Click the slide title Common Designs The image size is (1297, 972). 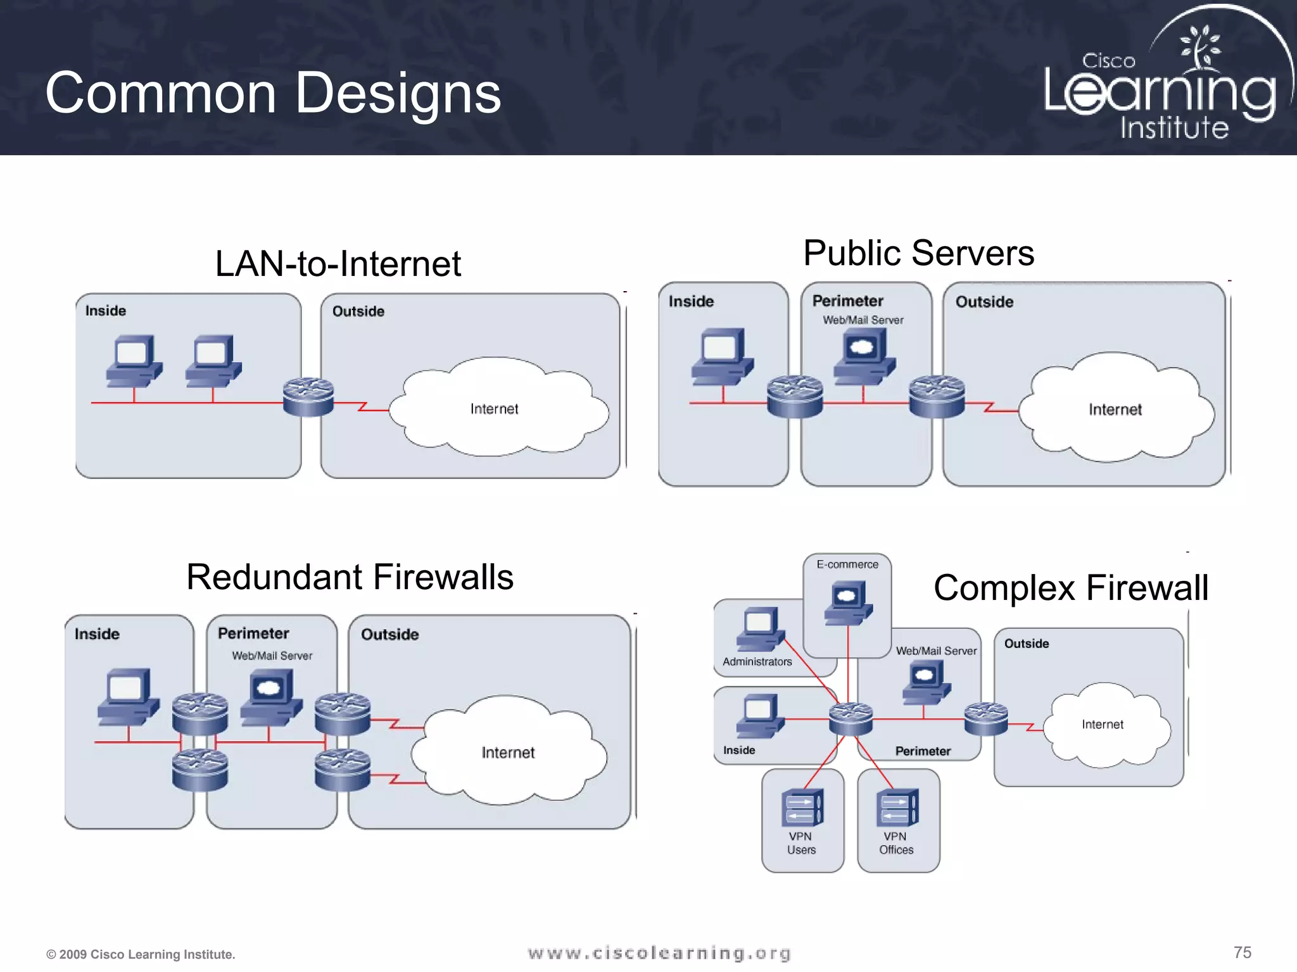pyautogui.click(x=273, y=93)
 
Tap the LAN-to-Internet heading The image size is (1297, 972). pyautogui.click(x=338, y=263)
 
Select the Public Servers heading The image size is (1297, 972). pyautogui.click(x=918, y=253)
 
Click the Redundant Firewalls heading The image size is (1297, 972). pyautogui.click(x=350, y=577)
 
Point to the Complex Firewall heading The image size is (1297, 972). pyautogui.click(x=1070, y=587)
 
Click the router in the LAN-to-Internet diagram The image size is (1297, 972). pyautogui.click(x=308, y=397)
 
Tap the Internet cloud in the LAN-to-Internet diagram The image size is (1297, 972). pyautogui.click(x=495, y=408)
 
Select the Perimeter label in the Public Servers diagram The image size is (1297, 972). pyautogui.click(x=847, y=301)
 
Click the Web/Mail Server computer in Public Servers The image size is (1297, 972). pyautogui.click(x=864, y=356)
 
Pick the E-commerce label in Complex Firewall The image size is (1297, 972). pyautogui.click(x=847, y=564)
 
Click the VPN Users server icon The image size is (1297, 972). pyautogui.click(x=802, y=807)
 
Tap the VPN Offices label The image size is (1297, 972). pyautogui.click(x=896, y=843)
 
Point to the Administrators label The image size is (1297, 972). pyautogui.click(x=757, y=661)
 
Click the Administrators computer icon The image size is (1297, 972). pyautogui.click(x=761, y=628)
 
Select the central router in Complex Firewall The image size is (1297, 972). pyautogui.click(x=851, y=719)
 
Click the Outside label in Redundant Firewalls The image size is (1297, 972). pyautogui.click(x=389, y=634)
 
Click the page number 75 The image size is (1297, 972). pyautogui.click(x=1242, y=952)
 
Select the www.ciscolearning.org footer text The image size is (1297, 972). pyautogui.click(x=659, y=953)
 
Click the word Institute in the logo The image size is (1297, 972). pyautogui.click(x=1174, y=128)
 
